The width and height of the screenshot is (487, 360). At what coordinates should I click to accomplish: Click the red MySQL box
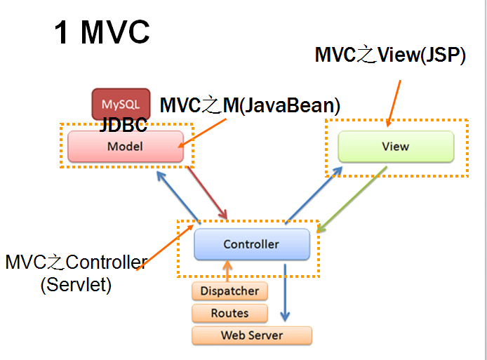click(x=121, y=104)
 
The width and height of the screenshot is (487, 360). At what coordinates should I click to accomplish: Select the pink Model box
click(x=126, y=146)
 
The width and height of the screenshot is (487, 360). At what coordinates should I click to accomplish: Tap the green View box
click(x=396, y=146)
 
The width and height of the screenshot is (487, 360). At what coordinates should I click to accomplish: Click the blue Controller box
click(x=252, y=244)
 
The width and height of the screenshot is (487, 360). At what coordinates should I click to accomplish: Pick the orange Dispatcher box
click(x=230, y=291)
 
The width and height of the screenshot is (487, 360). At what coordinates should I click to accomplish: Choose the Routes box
click(x=230, y=313)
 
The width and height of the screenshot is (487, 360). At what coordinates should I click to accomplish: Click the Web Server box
click(x=252, y=335)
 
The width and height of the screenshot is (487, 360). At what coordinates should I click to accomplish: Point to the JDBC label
click(x=124, y=125)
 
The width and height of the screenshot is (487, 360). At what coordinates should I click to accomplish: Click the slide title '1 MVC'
click(x=102, y=32)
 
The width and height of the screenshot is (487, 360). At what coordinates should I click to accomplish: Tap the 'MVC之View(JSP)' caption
click(x=390, y=55)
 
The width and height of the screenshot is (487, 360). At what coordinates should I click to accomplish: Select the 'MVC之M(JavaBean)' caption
click(x=250, y=105)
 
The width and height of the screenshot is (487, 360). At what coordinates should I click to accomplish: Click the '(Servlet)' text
click(x=76, y=284)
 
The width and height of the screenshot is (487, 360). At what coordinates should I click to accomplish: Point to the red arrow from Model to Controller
click(x=208, y=193)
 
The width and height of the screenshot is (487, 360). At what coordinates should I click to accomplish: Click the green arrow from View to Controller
click(x=352, y=199)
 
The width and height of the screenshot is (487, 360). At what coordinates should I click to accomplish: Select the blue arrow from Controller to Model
click(x=178, y=197)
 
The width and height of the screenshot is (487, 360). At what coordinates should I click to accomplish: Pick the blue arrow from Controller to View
click(x=314, y=195)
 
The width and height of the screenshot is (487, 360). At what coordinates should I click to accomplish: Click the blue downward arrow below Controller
click(x=285, y=293)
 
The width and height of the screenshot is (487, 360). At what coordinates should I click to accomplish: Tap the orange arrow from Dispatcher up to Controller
click(x=227, y=271)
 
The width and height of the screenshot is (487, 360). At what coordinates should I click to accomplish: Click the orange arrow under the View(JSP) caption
click(x=394, y=104)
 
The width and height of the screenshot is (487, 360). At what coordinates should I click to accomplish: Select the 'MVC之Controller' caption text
click(x=76, y=262)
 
